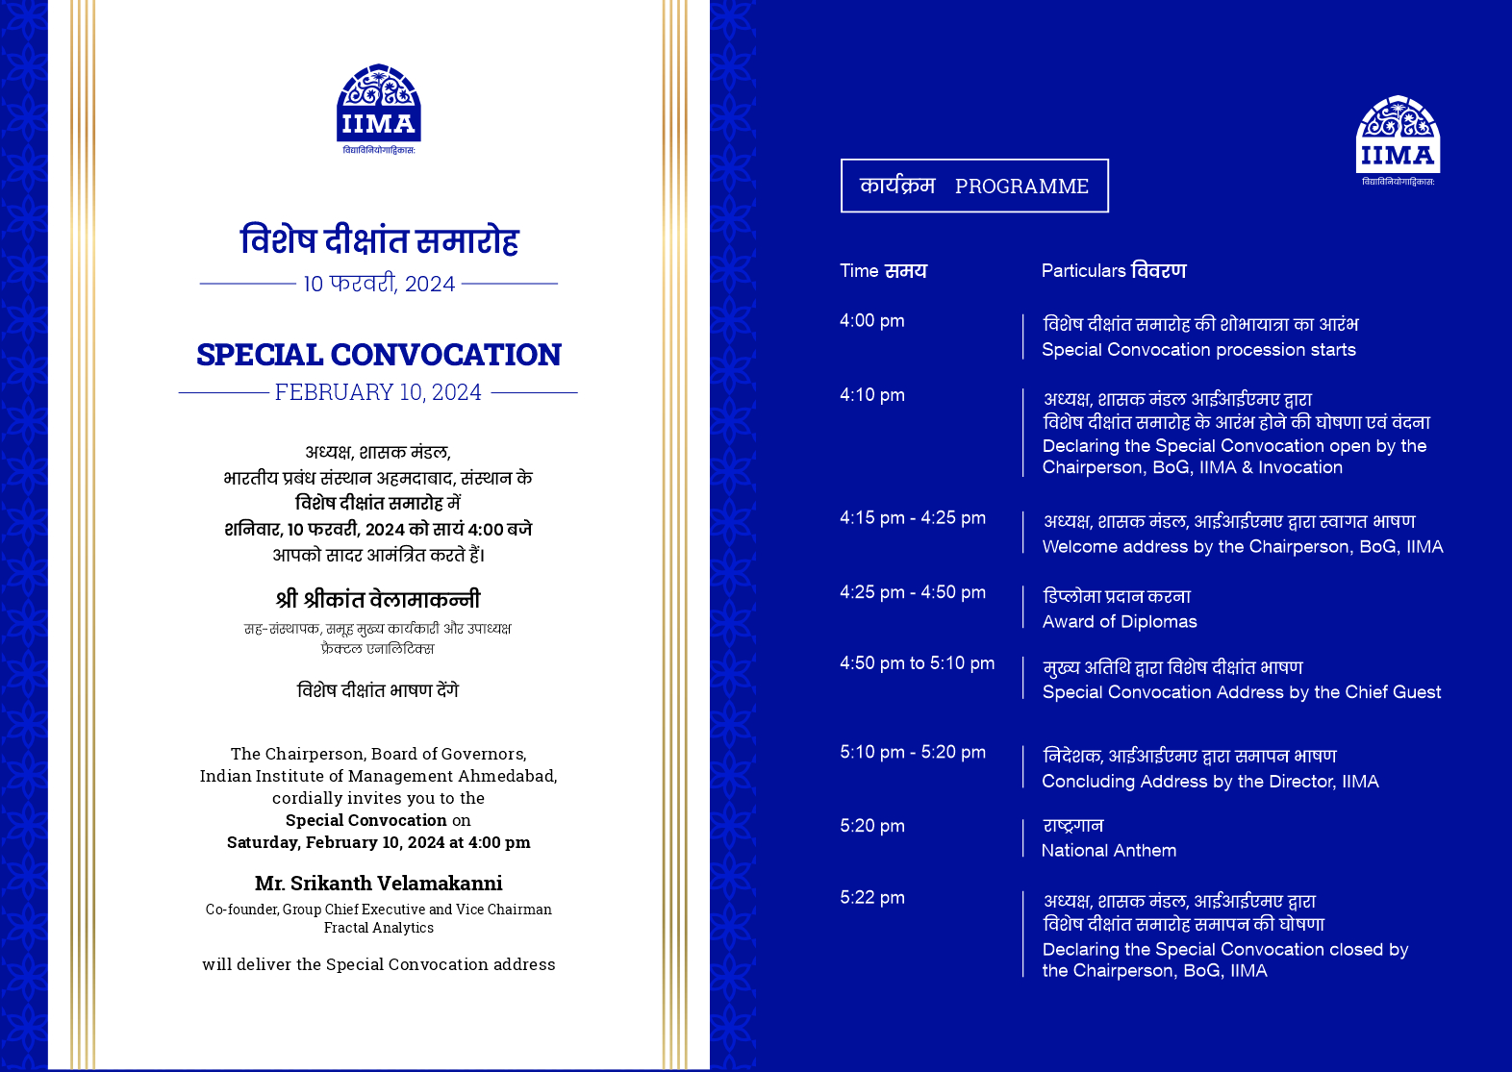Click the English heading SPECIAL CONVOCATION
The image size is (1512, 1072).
379,355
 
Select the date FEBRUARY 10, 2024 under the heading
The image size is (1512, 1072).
378,392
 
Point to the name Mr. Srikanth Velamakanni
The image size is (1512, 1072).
379,883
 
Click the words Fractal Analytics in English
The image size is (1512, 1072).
379,928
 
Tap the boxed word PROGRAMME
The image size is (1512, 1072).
1021,187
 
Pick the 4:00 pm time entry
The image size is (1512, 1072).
872,321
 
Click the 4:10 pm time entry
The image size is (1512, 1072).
872,395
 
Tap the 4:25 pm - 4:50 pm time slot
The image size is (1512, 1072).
913,592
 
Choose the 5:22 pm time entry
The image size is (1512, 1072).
872,898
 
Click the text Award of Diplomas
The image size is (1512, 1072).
1120,622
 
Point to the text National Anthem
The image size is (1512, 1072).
1109,851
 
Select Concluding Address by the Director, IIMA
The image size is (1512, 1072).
1210,782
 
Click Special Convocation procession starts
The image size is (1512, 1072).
1198,350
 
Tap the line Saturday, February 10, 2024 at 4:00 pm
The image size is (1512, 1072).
379,842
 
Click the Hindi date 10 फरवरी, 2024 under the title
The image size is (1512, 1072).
379,284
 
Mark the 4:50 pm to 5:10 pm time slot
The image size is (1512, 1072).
917,663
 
